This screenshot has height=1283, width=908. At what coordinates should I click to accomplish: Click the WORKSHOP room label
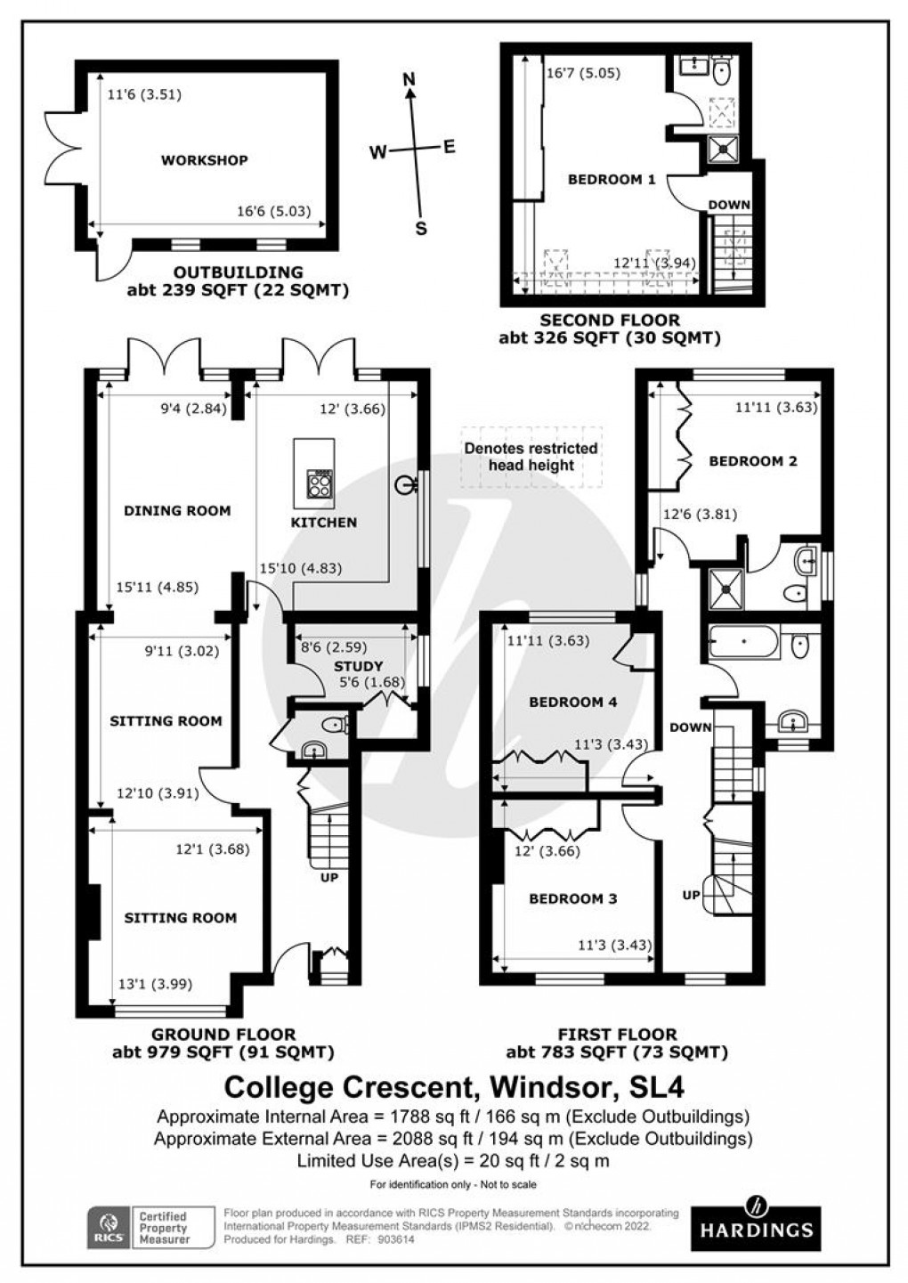[204, 160]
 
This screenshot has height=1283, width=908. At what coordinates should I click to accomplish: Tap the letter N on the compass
[409, 79]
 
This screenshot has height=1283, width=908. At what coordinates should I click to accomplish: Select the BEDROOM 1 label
[612, 180]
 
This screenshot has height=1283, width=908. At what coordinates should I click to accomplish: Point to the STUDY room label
[358, 666]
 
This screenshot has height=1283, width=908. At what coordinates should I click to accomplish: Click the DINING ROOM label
[177, 511]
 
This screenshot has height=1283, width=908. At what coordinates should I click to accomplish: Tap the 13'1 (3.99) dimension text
[155, 984]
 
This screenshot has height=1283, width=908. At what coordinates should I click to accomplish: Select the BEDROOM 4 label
[572, 702]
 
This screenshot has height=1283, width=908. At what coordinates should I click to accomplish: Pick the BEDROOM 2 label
[752, 461]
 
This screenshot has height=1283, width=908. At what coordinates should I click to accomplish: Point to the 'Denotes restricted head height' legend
[531, 457]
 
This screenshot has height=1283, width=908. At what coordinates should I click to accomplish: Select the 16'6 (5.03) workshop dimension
[272, 212]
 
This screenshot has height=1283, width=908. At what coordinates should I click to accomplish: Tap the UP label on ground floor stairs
[328, 878]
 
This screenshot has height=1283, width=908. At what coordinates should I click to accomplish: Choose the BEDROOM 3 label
[572, 899]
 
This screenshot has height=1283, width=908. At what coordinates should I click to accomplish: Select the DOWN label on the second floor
[729, 205]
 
